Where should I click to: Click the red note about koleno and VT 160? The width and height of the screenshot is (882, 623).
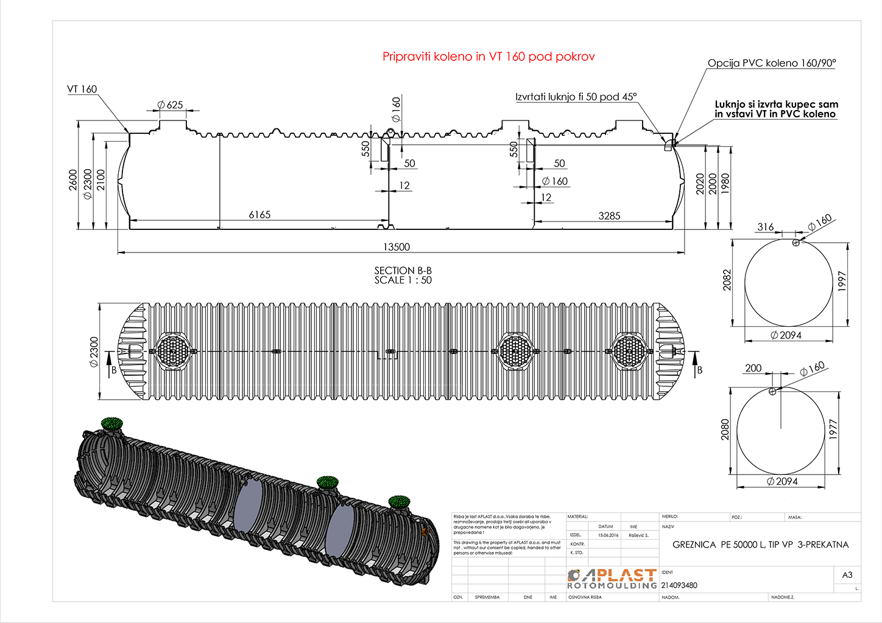489,57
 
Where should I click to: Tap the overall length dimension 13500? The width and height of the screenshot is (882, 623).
397,247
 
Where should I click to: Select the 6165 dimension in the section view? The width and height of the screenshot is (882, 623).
259,215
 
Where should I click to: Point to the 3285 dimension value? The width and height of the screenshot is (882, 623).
609,216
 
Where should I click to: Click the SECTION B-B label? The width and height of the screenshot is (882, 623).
403,271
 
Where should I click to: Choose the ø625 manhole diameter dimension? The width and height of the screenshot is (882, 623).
171,105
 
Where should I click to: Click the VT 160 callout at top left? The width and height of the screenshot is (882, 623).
82,89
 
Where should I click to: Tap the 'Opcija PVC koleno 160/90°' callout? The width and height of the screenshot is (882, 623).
772,63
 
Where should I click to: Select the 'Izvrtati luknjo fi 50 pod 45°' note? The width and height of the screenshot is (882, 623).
576,97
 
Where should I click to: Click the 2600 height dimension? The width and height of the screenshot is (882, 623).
73,180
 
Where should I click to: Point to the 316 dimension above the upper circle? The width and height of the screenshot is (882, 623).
766,227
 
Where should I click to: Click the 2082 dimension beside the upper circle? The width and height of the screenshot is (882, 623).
727,280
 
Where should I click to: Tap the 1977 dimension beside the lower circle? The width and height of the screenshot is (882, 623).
833,430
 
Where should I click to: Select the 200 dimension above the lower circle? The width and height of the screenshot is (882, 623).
753,368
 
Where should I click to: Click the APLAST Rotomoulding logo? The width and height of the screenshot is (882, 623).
612,579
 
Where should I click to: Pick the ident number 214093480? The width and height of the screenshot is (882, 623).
679,585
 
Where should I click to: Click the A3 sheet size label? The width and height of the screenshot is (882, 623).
847,575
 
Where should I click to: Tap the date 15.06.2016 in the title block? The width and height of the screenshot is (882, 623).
608,535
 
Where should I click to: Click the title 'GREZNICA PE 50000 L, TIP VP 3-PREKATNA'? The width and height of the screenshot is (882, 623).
760,545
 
